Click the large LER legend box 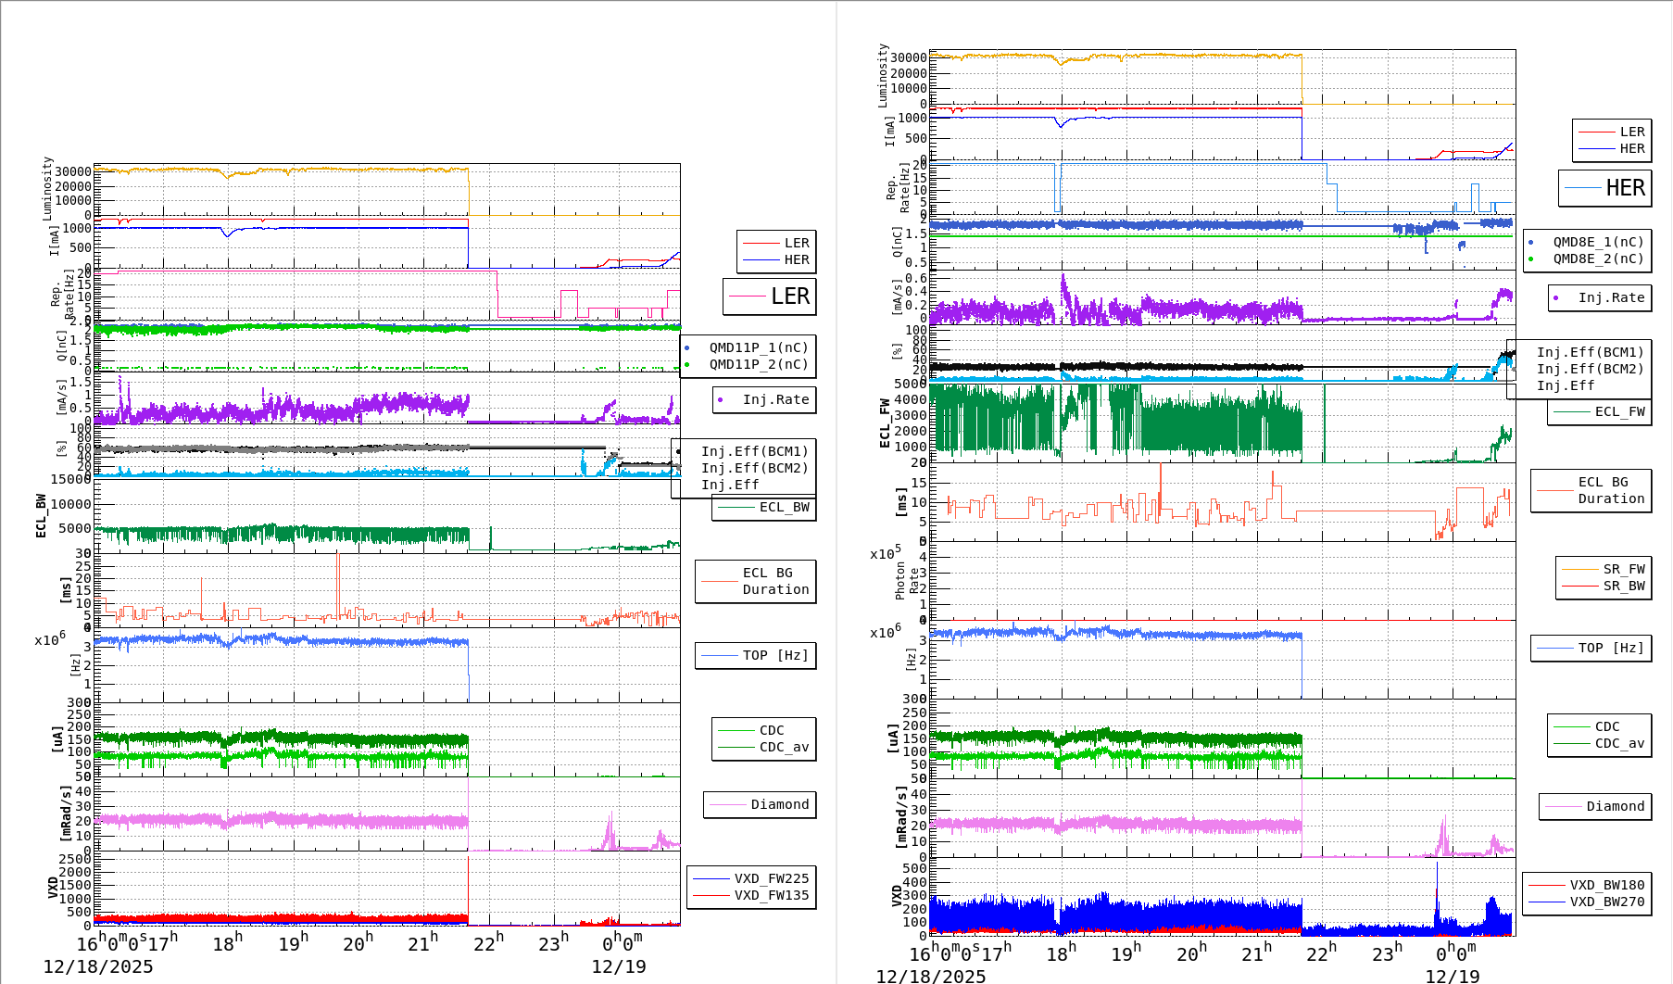(x=770, y=296)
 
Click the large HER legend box (x=1605, y=188)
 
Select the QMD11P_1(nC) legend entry (x=758, y=347)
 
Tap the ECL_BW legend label (x=784, y=507)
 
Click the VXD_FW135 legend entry (x=771, y=895)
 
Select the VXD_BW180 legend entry (x=1606, y=885)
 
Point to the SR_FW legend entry (x=1623, y=569)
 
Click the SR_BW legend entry (x=1623, y=586)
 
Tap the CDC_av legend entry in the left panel (x=784, y=747)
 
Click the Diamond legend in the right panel (x=1615, y=806)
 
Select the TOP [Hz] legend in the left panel (x=774, y=655)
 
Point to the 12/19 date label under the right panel (x=1452, y=976)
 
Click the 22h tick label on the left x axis (x=488, y=942)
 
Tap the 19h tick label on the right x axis (x=1126, y=952)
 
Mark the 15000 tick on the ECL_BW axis (x=70, y=479)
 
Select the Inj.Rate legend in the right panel (x=1611, y=297)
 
